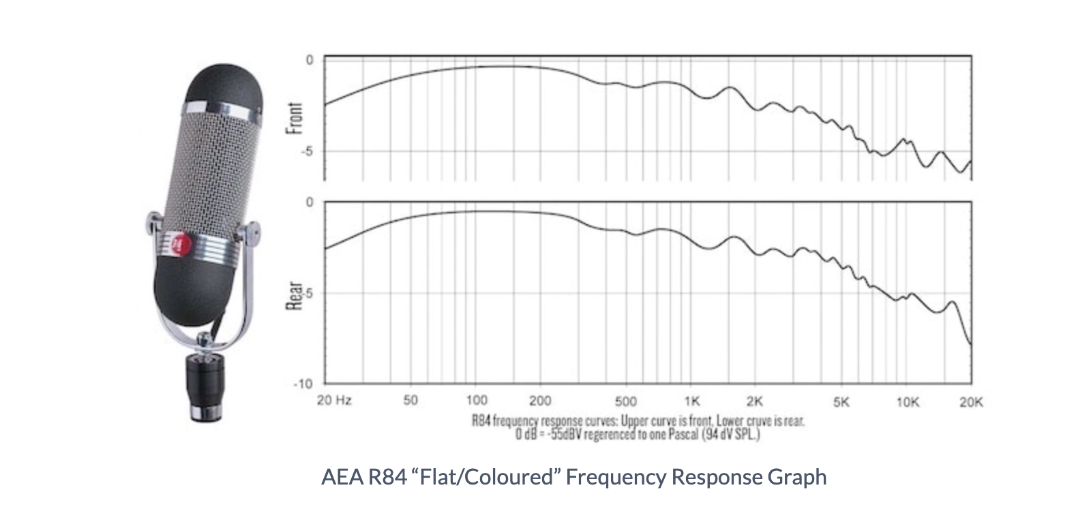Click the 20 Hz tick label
click(x=334, y=400)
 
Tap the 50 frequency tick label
click(x=410, y=400)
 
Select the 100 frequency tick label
click(x=476, y=400)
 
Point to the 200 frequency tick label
click(x=540, y=400)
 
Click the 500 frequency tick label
click(x=625, y=401)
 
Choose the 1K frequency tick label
click(x=692, y=401)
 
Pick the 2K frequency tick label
click(x=754, y=401)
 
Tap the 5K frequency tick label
click(x=841, y=402)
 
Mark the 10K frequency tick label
click(x=908, y=402)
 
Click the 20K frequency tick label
click(x=971, y=402)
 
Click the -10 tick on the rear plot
click(x=303, y=384)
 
